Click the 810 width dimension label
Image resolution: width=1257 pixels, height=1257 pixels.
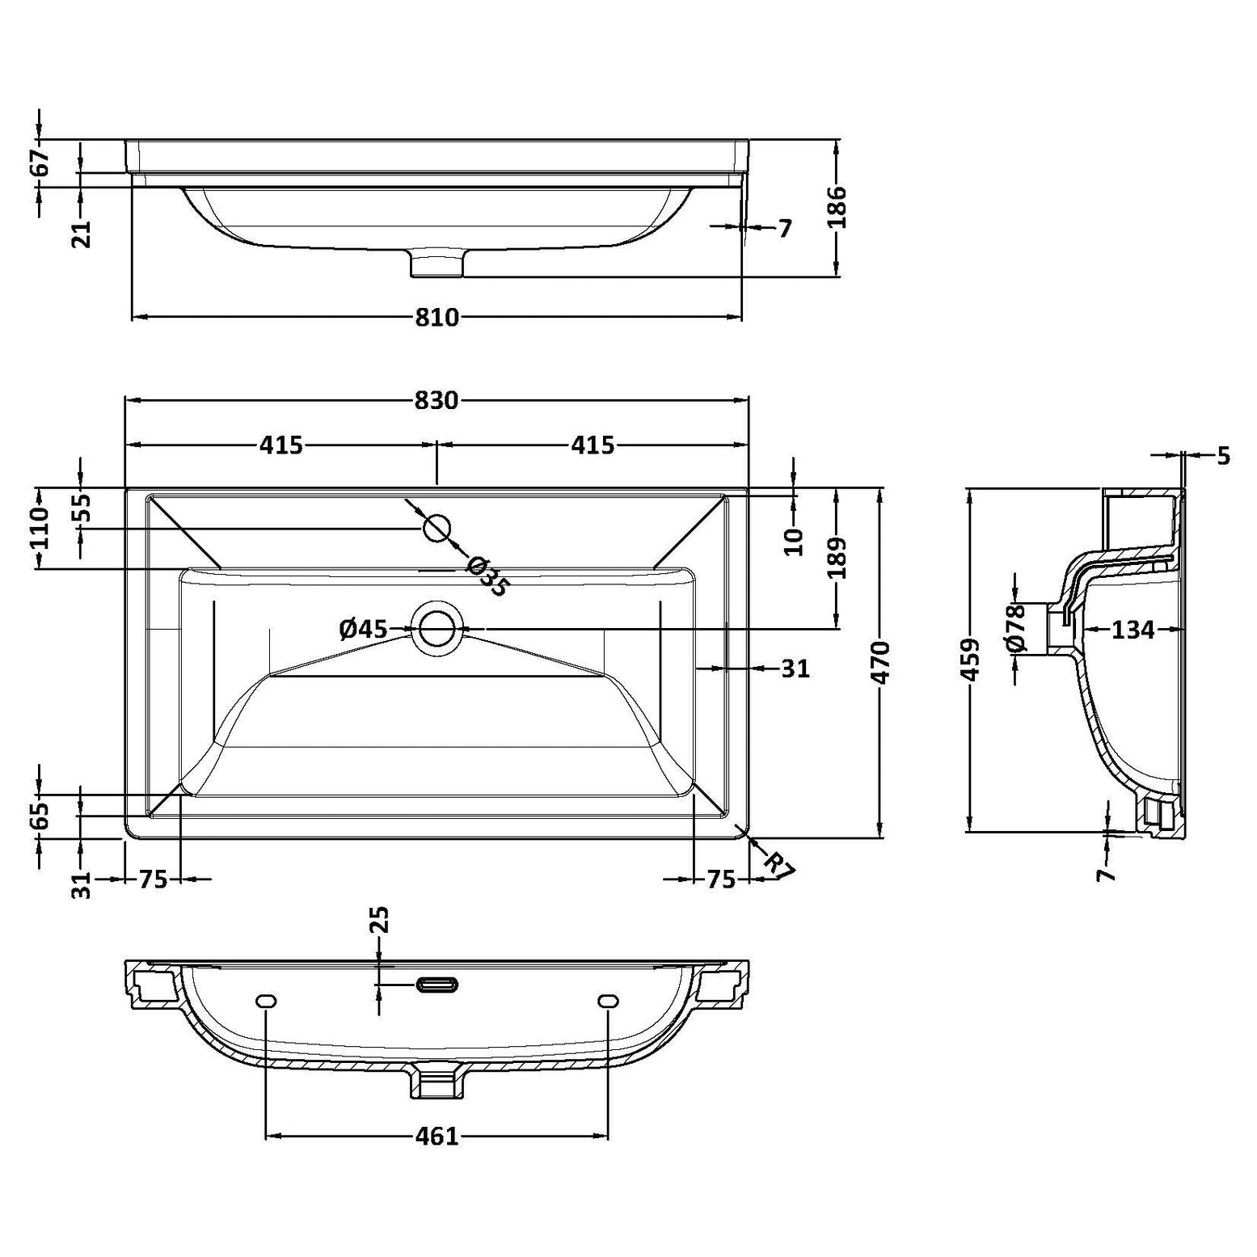437,318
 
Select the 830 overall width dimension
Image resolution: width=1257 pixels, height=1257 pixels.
437,400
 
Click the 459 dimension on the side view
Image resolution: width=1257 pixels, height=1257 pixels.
972,660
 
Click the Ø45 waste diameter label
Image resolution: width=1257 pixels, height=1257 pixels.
363,629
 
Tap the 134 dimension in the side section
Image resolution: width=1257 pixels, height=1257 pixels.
1133,630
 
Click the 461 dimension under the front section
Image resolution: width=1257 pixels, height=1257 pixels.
437,1137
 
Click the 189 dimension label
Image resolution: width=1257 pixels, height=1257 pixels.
837,558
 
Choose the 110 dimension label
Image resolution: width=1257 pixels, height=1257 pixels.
40,528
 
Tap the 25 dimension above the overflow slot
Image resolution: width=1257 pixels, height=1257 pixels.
380,920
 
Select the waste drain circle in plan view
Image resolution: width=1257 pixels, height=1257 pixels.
437,628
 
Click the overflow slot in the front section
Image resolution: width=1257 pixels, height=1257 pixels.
437,984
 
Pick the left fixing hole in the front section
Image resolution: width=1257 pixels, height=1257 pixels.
266,1002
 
